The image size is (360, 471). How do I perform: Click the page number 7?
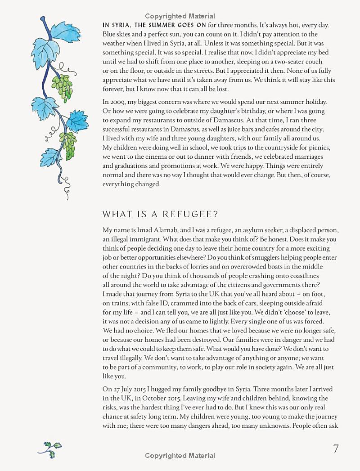tap(336, 449)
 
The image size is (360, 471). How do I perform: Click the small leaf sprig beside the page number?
tap(49, 449)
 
